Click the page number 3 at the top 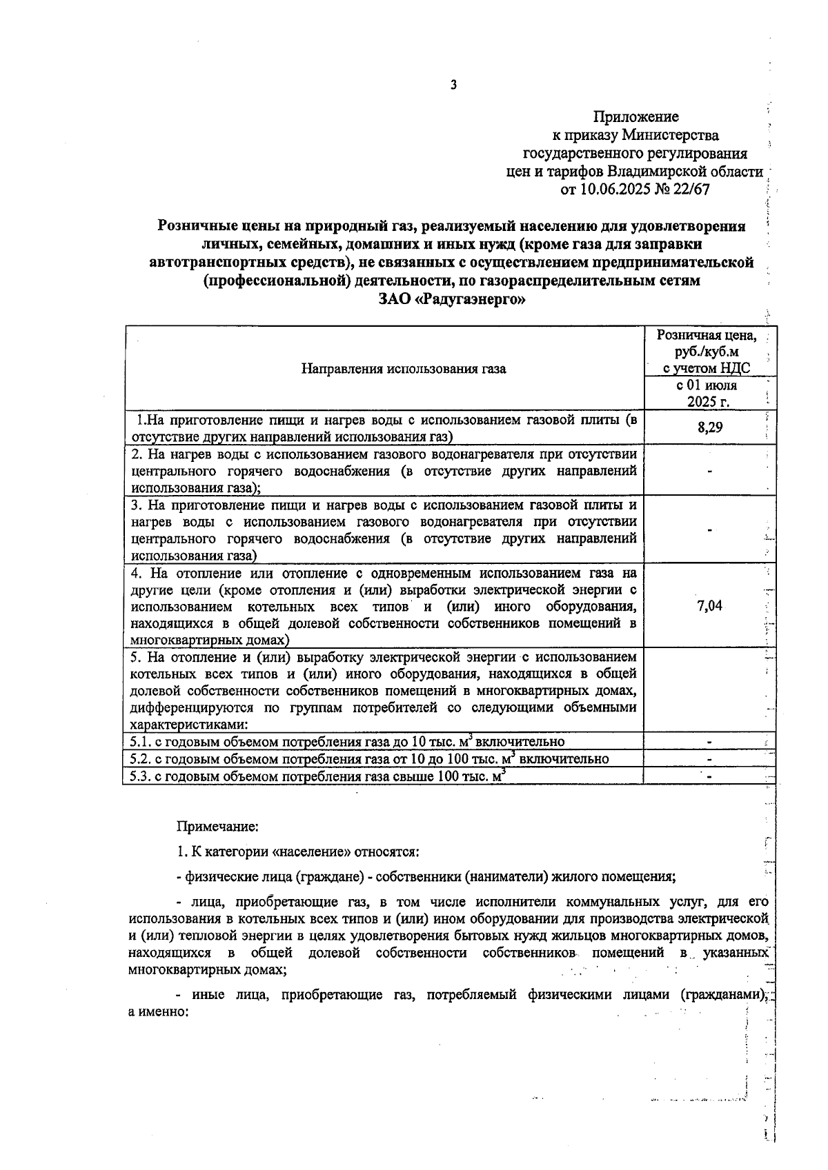[x=453, y=85]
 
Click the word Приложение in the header [x=635, y=117]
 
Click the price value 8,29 [x=709, y=427]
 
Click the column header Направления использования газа [x=404, y=369]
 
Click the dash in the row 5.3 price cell [x=709, y=776]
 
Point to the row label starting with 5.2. [x=370, y=759]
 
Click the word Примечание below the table [x=217, y=825]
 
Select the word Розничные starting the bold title [x=195, y=226]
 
